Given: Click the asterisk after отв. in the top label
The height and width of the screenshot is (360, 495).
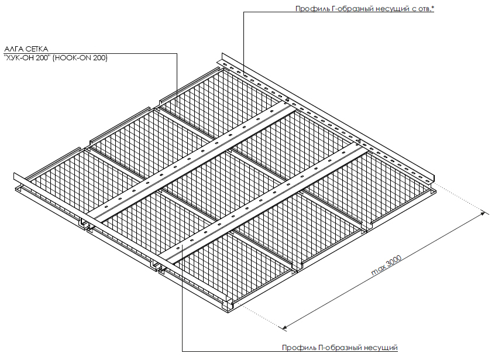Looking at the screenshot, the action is (432, 7).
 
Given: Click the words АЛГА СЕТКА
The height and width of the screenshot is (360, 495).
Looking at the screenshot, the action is (26, 49).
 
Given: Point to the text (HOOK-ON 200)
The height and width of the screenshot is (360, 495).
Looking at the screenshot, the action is (80, 58).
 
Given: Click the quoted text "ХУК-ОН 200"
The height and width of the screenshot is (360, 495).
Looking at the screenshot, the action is (27, 58).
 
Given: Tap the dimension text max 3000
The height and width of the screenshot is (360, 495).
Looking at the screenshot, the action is (386, 265).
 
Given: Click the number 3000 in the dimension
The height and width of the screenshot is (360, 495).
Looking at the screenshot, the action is (393, 261).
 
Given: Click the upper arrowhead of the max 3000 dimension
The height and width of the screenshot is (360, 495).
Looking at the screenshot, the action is (483, 214).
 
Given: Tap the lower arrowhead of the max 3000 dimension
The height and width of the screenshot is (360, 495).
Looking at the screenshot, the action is (284, 327).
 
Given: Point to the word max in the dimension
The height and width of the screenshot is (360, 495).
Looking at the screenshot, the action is (376, 271).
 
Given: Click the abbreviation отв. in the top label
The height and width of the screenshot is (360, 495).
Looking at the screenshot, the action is (424, 9).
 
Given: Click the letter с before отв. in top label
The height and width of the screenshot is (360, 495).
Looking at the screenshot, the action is (414, 9).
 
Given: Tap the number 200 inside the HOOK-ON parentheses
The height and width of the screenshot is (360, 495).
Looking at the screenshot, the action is (99, 58).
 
